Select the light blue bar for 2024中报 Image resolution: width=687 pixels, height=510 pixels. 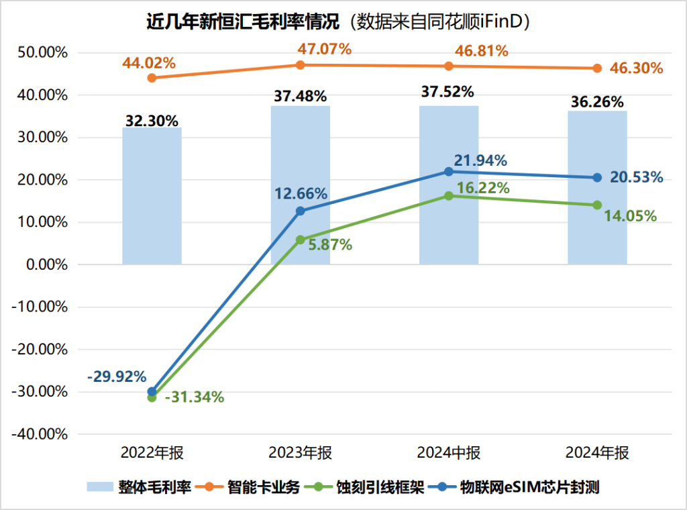[449, 185]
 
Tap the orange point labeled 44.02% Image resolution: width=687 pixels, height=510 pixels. [152, 78]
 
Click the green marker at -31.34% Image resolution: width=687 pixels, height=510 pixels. [152, 397]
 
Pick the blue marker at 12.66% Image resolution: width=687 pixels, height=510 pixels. [300, 211]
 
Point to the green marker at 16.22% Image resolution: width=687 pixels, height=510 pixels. [449, 196]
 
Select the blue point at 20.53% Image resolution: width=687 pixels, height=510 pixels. [597, 178]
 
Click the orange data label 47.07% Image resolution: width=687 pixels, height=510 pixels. [325, 49]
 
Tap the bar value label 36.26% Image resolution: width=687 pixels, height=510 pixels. [597, 102]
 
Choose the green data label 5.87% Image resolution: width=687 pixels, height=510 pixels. [329, 245]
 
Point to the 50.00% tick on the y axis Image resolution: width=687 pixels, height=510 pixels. [41, 53]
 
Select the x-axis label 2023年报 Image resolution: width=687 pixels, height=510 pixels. [300, 454]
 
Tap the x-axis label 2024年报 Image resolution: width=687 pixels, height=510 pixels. [597, 454]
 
